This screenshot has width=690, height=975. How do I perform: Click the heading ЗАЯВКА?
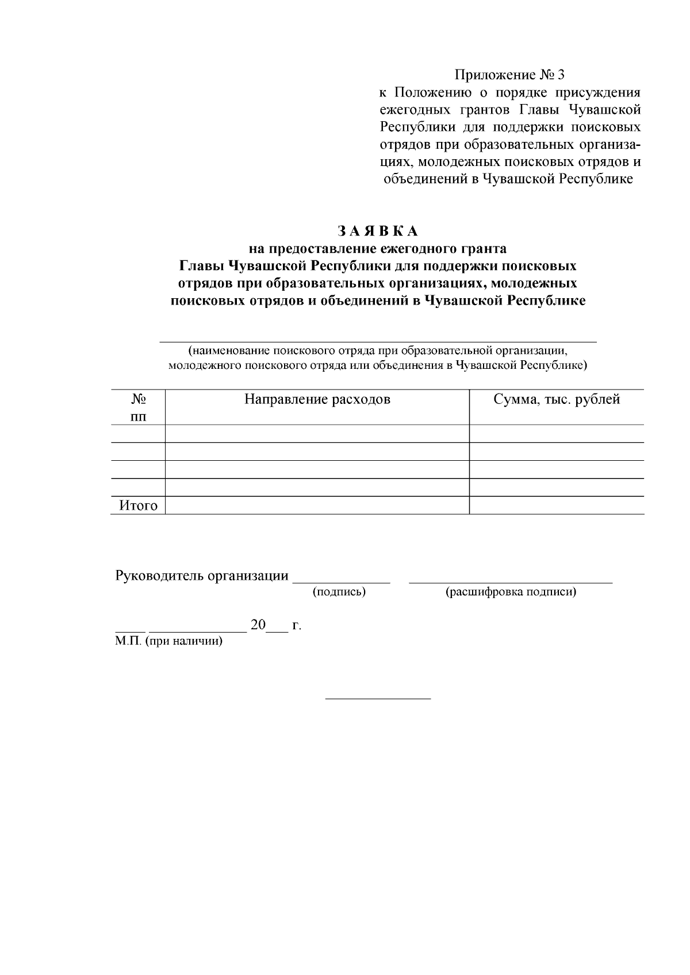[x=377, y=232]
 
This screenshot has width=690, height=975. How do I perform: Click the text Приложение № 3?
[x=510, y=75]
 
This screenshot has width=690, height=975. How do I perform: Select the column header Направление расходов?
[x=317, y=399]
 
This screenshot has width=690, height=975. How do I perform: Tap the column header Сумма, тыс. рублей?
[x=557, y=399]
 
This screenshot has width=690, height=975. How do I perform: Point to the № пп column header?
[x=138, y=407]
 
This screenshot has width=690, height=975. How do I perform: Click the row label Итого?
[x=138, y=506]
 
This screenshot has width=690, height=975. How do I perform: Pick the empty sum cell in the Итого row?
[x=557, y=506]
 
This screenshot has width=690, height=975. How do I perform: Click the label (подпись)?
[x=339, y=592]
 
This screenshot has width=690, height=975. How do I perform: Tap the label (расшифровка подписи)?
[x=511, y=592]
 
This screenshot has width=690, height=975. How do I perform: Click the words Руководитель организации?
[x=202, y=576]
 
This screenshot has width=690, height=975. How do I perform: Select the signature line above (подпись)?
[x=342, y=581]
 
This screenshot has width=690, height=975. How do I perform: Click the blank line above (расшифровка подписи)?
[x=511, y=581]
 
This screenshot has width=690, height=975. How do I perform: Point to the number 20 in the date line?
[x=258, y=625]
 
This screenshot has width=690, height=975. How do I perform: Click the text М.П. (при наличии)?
[x=168, y=641]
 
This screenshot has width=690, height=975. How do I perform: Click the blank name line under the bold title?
[x=377, y=341]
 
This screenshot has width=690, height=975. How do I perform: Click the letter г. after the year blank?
[x=297, y=626]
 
